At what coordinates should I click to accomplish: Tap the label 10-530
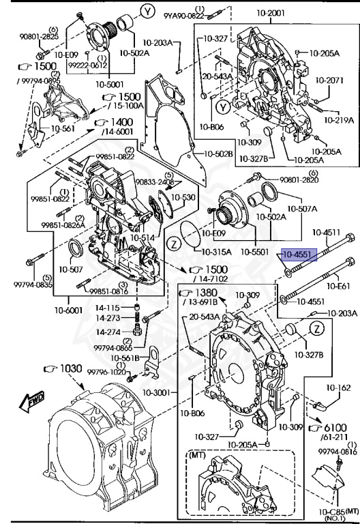(x=182, y=197)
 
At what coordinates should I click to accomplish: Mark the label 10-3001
(x=163, y=394)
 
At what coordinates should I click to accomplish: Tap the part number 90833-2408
(x=155, y=182)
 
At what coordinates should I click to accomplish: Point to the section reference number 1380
(x=202, y=293)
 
